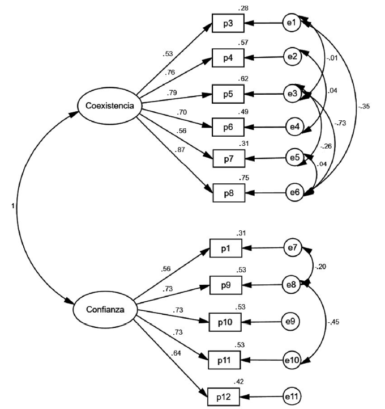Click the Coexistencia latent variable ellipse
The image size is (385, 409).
pos(110,105)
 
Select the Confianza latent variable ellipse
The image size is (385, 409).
pos(106,310)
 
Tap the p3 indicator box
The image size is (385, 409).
pos(228,23)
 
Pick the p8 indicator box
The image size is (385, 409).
pos(228,193)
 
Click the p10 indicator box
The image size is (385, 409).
pos(225,322)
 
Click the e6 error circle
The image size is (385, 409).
pos(293,193)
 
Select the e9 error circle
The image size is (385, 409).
pos(290,322)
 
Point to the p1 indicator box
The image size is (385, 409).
pos(225,248)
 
